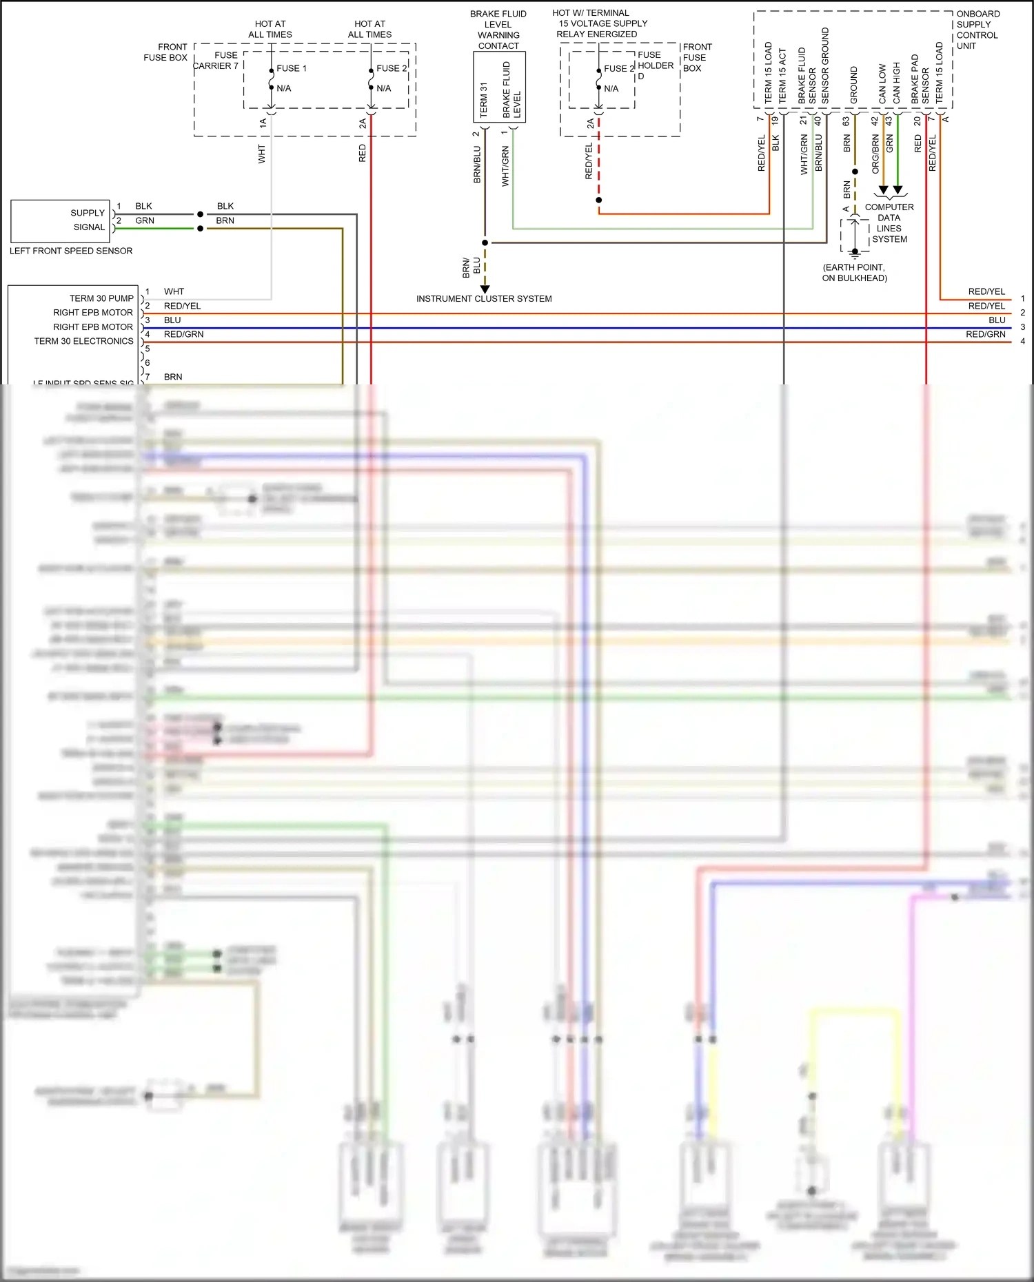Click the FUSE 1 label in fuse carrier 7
(291, 68)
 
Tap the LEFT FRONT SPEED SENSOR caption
(71, 251)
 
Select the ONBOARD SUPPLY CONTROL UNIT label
(977, 30)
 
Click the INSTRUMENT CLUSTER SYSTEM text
(484, 299)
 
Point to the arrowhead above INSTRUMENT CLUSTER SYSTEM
(485, 289)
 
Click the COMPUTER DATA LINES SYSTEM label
(889, 223)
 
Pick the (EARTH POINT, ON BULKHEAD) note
(854, 273)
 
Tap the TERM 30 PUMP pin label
(101, 298)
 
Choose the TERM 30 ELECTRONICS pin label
(83, 341)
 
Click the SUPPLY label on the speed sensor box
(88, 213)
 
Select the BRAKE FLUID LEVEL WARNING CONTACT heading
(498, 30)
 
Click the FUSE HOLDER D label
(655, 65)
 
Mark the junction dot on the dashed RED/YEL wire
(599, 200)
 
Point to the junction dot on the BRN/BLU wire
(485, 242)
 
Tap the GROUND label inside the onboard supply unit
(853, 85)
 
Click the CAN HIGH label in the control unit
(896, 83)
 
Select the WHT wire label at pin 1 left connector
(174, 291)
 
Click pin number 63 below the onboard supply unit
(846, 121)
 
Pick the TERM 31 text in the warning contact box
(483, 100)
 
